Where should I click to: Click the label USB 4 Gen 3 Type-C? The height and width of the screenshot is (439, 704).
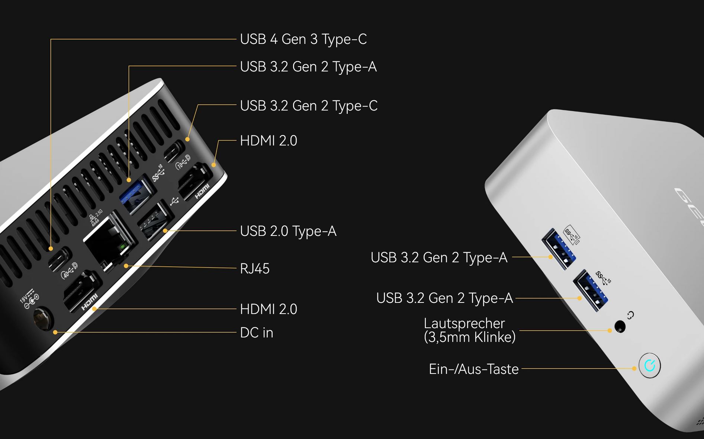point(303,39)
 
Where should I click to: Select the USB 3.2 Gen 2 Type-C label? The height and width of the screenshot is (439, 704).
point(309,106)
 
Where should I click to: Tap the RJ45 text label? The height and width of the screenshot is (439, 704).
point(255,269)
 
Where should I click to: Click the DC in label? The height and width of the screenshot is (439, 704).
point(257,333)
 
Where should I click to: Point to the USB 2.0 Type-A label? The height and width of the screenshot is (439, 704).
point(288,231)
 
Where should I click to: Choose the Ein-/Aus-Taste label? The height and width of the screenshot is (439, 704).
point(474,369)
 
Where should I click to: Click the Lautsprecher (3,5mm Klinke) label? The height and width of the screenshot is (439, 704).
point(470,330)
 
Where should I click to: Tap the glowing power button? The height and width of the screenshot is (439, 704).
point(650,365)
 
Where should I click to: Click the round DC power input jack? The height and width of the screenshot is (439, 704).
point(43,318)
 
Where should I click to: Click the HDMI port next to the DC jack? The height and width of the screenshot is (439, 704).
point(82,290)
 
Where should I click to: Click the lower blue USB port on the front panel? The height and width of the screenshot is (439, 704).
point(591,291)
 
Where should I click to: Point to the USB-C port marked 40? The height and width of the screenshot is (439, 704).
point(60,259)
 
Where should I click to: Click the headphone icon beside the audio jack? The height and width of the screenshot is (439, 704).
point(630,315)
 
